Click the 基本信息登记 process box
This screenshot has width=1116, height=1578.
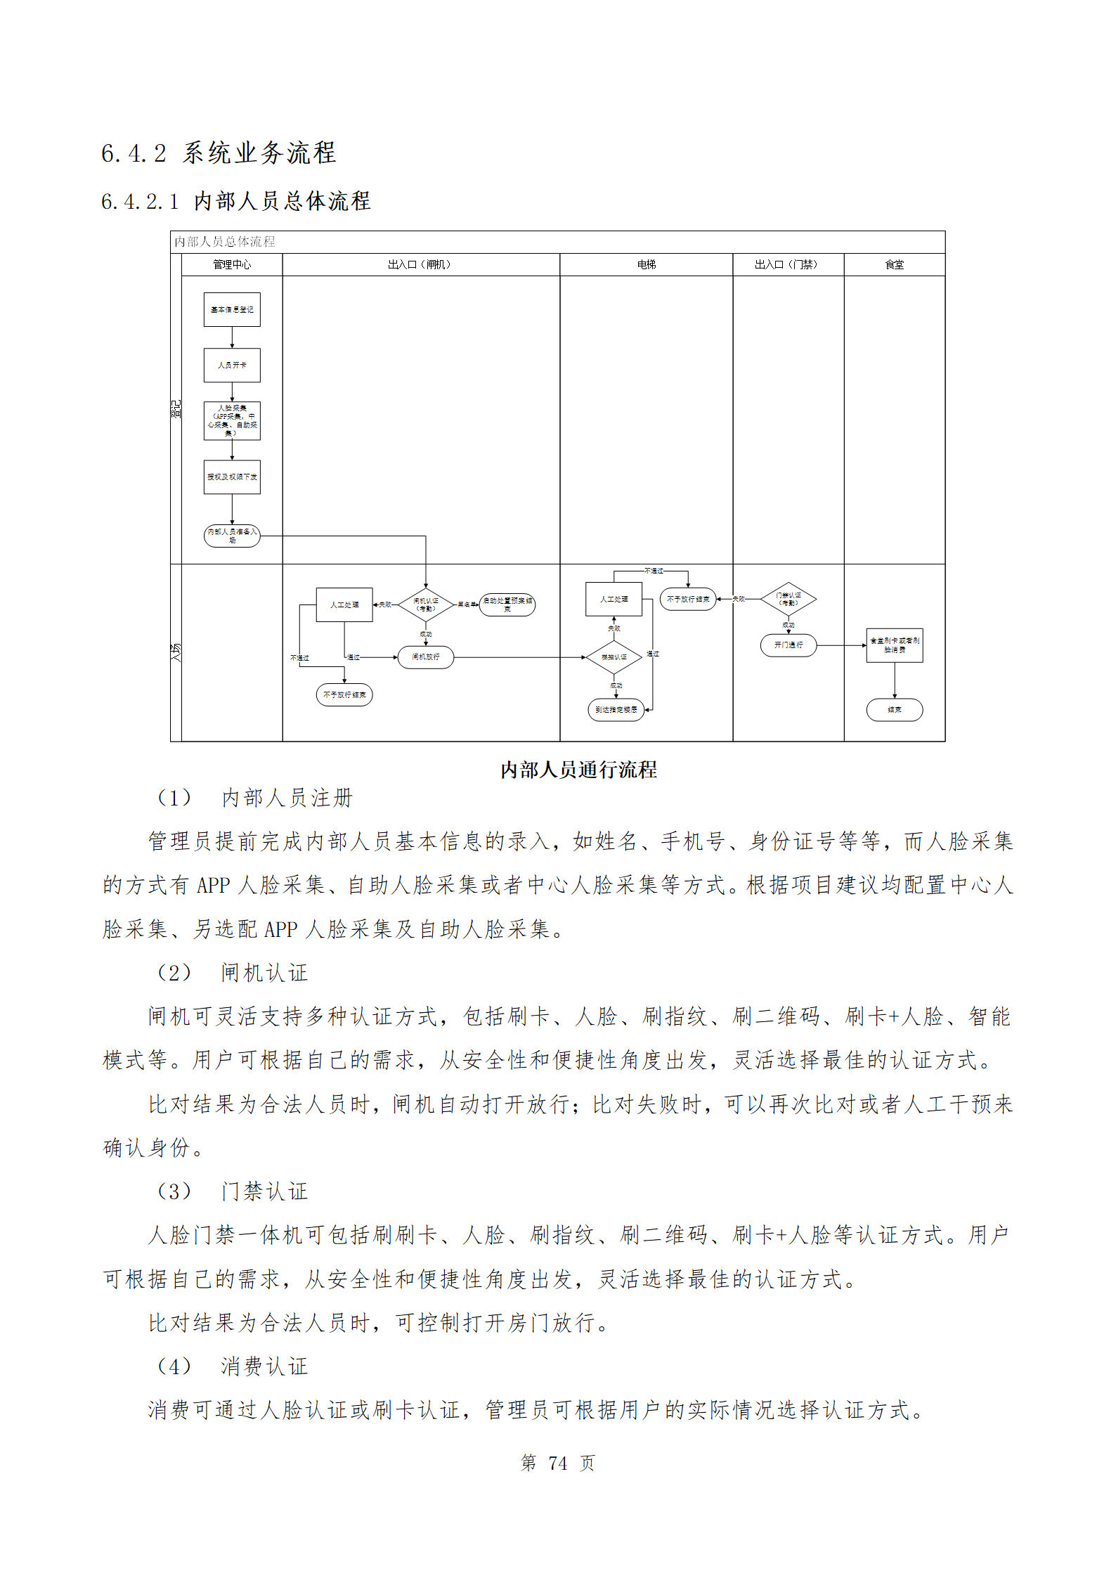(232, 309)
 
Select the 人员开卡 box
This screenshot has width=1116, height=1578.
(232, 365)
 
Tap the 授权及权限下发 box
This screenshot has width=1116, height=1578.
(232, 477)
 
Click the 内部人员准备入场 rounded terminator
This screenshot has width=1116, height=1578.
(232, 536)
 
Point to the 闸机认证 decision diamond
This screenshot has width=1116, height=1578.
(425, 604)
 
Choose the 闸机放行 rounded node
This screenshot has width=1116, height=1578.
(425, 657)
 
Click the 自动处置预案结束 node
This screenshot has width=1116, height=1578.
(507, 604)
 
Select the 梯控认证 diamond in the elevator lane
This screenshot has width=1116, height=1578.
(614, 657)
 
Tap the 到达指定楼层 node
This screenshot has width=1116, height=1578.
(616, 710)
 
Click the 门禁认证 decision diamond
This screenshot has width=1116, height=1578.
(788, 599)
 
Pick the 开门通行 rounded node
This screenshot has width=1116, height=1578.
(788, 645)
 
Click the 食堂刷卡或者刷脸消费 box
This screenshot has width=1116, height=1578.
(894, 645)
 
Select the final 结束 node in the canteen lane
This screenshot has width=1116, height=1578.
(894, 710)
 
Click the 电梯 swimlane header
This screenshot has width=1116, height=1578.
(646, 264)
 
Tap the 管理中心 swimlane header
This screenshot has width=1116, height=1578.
(232, 264)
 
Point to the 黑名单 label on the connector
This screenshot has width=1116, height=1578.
(467, 604)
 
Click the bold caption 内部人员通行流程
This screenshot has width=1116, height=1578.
(578, 770)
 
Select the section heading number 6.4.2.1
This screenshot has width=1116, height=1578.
(140, 202)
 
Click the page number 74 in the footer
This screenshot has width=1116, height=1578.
(557, 1463)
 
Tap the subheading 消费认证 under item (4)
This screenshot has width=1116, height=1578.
(264, 1366)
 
